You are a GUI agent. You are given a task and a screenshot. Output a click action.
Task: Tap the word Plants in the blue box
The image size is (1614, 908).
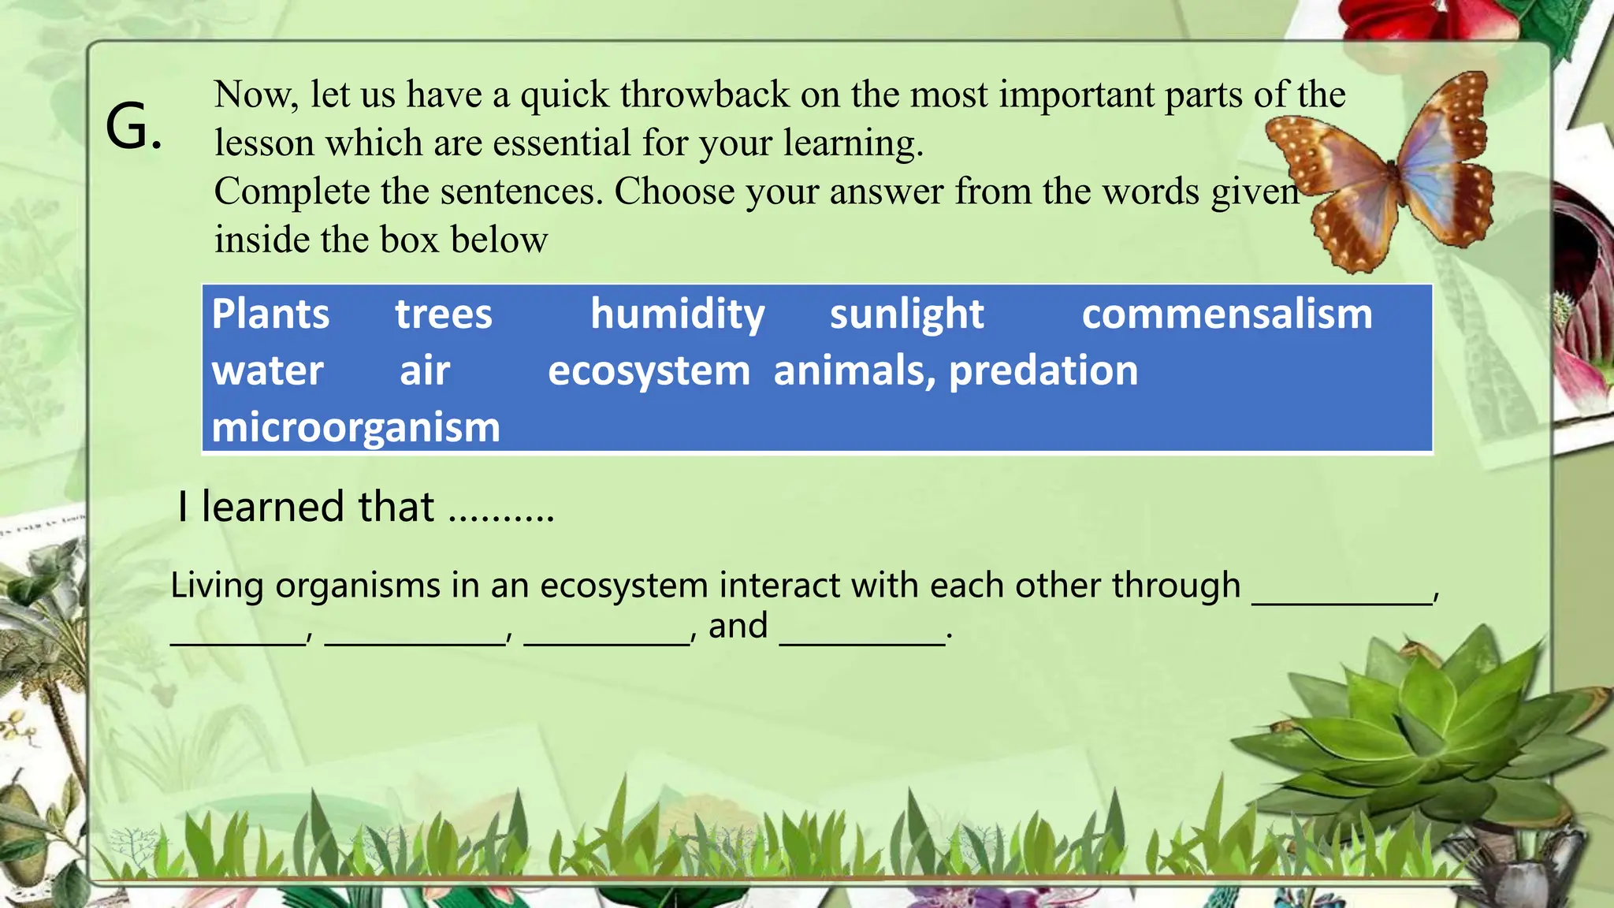[x=270, y=314]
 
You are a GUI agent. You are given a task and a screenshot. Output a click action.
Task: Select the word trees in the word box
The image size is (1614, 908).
[x=444, y=314]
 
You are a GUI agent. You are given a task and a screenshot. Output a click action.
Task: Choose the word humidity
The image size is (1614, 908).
[x=678, y=314]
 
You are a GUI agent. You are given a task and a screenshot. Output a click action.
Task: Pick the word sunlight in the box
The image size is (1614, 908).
[x=906, y=314]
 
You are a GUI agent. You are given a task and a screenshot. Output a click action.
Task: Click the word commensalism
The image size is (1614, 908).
[x=1227, y=314]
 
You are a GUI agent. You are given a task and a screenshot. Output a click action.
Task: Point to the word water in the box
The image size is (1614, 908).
[x=267, y=370]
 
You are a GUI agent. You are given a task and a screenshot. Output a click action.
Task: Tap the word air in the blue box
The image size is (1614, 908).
[x=425, y=370]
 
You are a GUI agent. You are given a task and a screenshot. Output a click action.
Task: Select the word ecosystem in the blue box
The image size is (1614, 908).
[x=649, y=370]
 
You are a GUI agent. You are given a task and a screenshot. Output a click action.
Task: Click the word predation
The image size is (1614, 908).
[x=1043, y=370]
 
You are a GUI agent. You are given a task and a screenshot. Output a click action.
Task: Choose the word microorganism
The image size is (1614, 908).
[x=355, y=427]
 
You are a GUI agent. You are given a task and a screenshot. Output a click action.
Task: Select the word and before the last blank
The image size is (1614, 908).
[x=738, y=626]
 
